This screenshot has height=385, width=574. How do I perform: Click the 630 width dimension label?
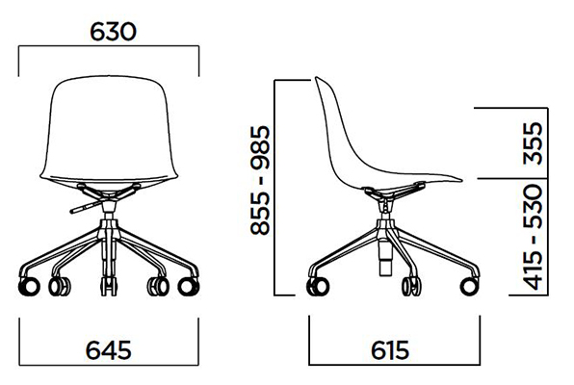(x=114, y=32)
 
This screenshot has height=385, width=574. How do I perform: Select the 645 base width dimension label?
(x=109, y=348)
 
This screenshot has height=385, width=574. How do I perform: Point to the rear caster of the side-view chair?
(x=316, y=286)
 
